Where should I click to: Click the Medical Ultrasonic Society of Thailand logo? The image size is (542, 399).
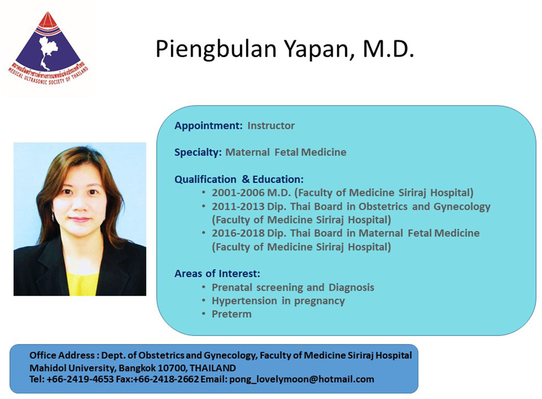click(48, 48)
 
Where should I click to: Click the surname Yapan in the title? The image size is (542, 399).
click(318, 49)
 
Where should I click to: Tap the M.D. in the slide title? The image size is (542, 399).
click(388, 49)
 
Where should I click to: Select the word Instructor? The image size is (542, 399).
click(271, 125)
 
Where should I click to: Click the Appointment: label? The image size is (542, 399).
click(208, 126)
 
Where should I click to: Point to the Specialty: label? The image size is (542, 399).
click(198, 153)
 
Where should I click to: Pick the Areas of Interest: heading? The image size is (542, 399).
click(217, 274)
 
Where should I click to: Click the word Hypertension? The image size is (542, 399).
click(244, 301)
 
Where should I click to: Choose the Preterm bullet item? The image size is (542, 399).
click(232, 314)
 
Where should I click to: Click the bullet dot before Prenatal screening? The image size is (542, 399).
click(204, 287)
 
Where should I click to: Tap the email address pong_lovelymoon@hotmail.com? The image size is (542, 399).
click(302, 379)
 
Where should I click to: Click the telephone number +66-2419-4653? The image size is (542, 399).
click(80, 379)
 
